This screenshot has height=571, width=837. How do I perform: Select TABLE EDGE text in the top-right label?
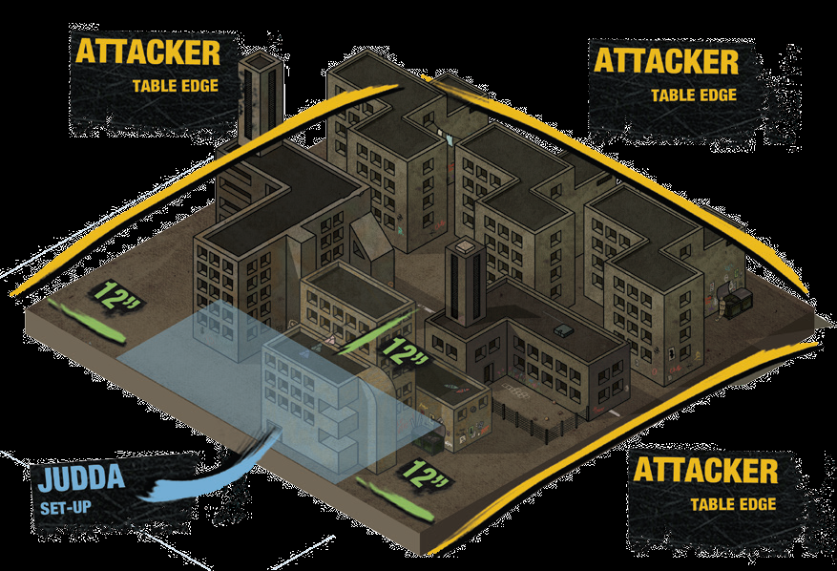[693, 95]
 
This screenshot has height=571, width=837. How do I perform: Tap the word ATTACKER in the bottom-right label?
[705, 470]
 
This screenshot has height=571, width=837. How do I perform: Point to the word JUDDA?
[82, 477]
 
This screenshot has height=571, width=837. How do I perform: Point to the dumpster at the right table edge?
[738, 303]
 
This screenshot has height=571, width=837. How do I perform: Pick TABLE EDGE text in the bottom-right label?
[734, 504]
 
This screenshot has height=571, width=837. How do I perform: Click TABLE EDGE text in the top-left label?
[176, 86]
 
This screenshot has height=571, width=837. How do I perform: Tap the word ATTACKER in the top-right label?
[665, 61]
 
